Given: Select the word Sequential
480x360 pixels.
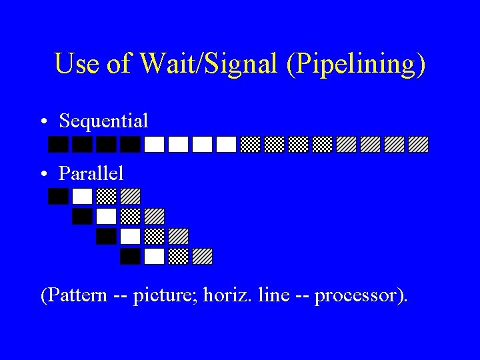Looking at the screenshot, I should pos(103,121).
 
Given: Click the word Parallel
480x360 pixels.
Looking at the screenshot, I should pos(91,173).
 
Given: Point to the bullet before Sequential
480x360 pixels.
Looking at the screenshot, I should pos(43,122).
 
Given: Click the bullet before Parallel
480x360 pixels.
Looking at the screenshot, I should pos(43,174).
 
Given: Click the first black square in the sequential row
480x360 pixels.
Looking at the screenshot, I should pos(59,145).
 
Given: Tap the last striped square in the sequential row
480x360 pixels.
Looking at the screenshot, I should pos(418,145).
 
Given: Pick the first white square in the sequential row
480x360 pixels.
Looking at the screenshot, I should pos(155,145).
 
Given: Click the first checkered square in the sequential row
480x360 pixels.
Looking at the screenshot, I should pos(250,145).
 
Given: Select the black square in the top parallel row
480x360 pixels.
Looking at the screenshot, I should pos(59,196).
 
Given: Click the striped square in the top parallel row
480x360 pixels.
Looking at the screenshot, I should pos(131,196).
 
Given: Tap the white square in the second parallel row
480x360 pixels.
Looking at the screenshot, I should pos(107,216).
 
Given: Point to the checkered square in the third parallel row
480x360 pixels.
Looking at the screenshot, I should pos(155,236).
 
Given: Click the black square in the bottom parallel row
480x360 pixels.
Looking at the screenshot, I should pos(131,257).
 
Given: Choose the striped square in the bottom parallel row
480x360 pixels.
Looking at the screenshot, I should pos(202,257).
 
